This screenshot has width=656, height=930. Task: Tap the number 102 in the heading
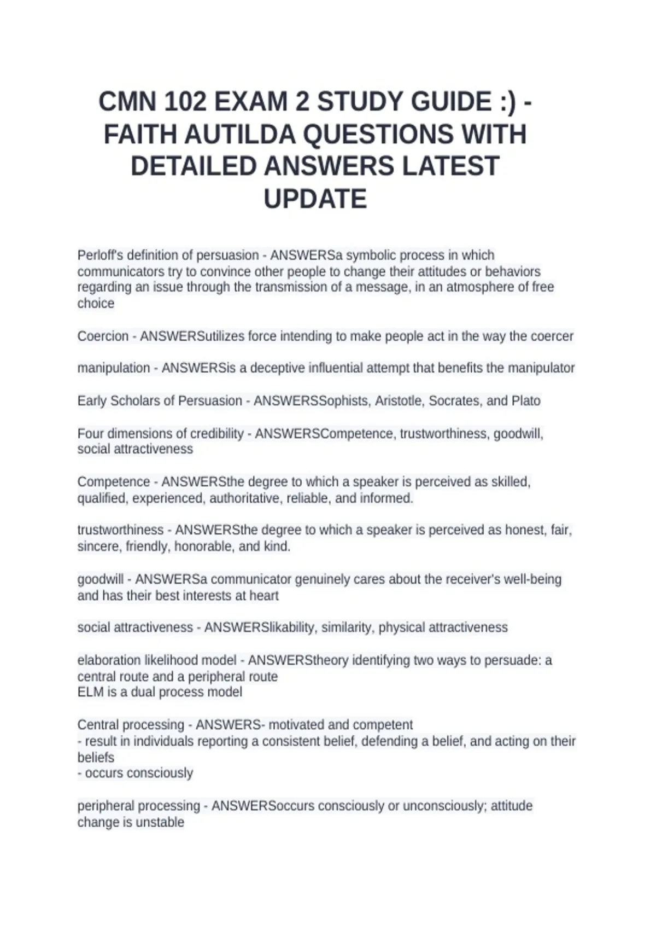184,102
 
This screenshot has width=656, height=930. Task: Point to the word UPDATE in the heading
315,199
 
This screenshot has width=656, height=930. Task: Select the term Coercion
103,336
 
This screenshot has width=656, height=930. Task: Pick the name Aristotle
397,401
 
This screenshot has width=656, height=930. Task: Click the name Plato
526,401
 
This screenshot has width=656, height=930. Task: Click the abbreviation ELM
90,692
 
